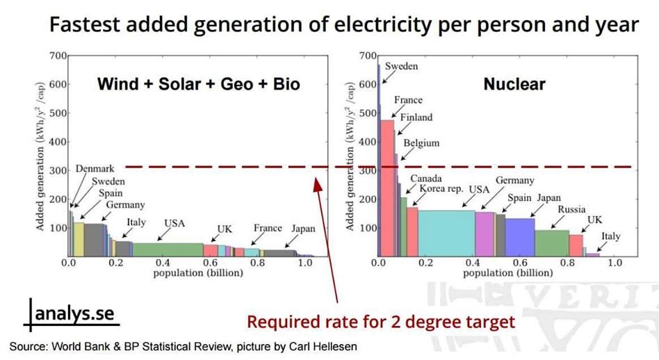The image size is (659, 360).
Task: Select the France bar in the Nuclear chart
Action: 387,188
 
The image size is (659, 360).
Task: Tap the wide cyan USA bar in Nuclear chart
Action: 446,233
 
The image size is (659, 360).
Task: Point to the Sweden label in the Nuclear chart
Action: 402,66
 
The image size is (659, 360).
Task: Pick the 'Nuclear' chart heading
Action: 514,85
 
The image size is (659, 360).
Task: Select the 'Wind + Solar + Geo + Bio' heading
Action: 199,85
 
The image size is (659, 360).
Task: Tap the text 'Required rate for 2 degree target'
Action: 382,322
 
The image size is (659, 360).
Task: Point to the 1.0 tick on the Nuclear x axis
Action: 615,263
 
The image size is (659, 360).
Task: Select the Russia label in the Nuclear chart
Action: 571,209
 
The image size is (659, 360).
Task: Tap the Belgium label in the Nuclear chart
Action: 421,144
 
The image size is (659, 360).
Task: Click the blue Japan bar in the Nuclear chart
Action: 519,237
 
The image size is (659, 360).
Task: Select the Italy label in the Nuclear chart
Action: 610,236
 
